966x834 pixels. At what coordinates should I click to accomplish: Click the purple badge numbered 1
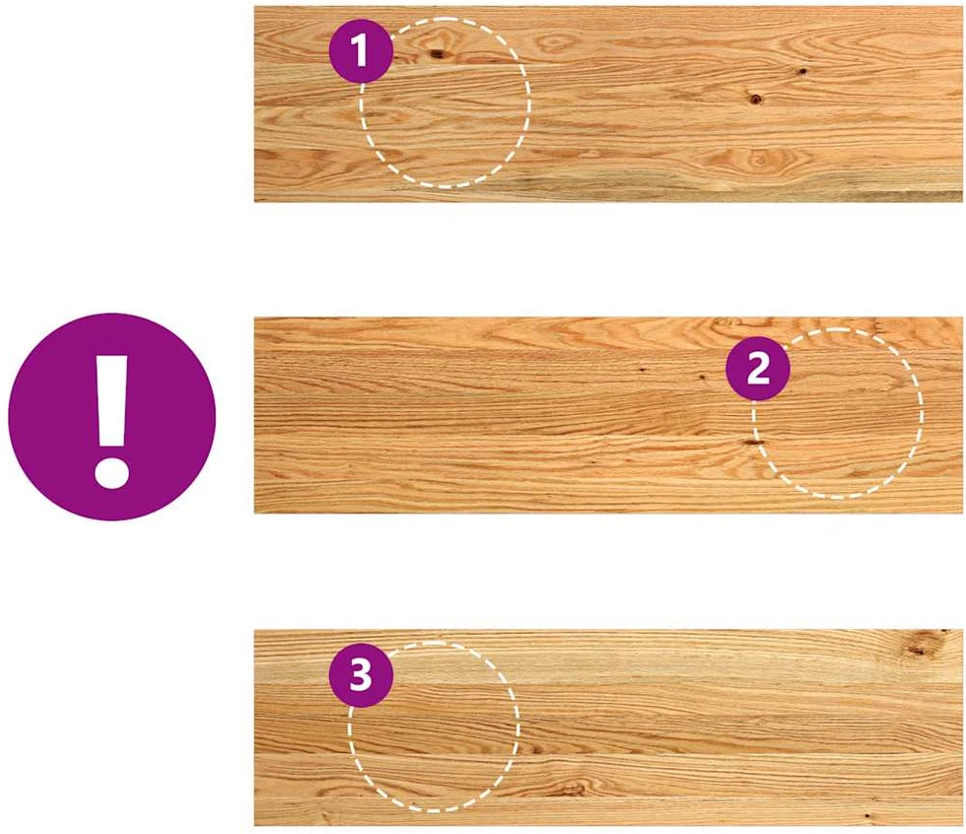tap(361, 50)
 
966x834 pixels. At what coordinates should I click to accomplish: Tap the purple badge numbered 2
tap(758, 369)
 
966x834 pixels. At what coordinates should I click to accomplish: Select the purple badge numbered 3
tap(361, 675)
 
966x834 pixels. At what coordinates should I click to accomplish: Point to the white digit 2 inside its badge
tap(758, 369)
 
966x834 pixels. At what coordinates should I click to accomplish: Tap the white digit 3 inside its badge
tap(361, 675)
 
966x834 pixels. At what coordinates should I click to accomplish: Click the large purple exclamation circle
tap(112, 416)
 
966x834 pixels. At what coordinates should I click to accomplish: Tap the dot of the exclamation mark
tap(112, 473)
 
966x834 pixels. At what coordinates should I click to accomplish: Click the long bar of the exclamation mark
tap(112, 400)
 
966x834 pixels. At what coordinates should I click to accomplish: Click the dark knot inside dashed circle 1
tap(438, 54)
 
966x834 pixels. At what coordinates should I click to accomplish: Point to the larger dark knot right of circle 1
tap(755, 98)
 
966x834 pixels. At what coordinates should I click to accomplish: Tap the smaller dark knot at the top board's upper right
tap(802, 71)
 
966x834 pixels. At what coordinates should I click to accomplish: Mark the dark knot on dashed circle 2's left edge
tap(753, 443)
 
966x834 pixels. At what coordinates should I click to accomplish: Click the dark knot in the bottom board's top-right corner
tap(920, 645)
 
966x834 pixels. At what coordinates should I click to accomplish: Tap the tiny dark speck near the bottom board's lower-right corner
tap(867, 816)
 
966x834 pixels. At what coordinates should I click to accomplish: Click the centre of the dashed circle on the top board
tap(445, 103)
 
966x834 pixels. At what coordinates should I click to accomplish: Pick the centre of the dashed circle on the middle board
tap(837, 413)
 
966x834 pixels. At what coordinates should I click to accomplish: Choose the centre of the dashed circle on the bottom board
tap(434, 727)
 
